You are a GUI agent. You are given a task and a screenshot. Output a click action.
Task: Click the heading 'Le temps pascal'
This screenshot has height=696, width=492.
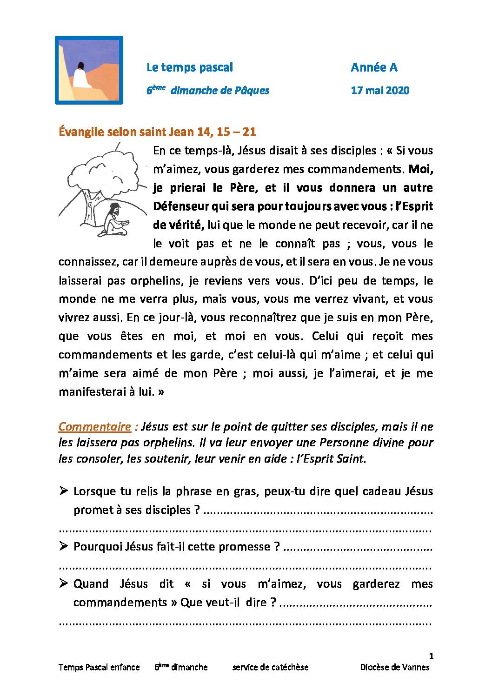[189, 67]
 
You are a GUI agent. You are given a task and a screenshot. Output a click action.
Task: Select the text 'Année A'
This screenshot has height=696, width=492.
[374, 67]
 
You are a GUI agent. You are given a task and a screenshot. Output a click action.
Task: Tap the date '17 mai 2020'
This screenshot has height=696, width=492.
[380, 91]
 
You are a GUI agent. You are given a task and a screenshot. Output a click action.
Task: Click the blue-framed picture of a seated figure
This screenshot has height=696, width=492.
[89, 70]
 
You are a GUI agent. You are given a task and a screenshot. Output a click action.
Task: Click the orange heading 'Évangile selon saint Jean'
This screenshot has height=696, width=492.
[157, 132]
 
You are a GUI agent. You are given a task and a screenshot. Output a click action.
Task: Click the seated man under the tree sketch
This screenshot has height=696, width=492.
[113, 220]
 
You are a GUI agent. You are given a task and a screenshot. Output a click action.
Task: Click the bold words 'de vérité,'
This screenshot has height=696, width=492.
[179, 225]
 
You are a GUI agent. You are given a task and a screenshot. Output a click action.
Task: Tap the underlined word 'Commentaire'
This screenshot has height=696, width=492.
[95, 427]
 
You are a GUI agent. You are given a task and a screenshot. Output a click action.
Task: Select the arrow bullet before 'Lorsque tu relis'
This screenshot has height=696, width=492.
[64, 491]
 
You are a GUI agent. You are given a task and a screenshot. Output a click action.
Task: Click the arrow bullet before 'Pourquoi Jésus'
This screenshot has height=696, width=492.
[64, 546]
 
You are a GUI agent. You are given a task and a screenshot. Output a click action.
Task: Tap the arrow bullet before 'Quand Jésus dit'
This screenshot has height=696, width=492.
[64, 583]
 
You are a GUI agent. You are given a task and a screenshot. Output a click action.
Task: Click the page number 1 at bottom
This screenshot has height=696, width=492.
[431, 656]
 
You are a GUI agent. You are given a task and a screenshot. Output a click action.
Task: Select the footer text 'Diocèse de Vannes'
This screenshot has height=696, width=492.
[394, 667]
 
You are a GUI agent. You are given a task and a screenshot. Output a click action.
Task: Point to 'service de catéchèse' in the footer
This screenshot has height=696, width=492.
[270, 667]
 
